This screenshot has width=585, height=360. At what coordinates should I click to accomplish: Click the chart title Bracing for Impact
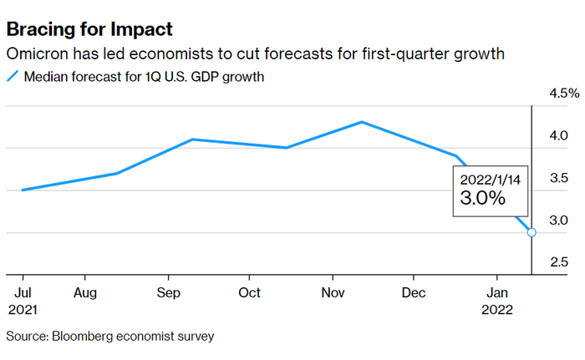[x=89, y=29]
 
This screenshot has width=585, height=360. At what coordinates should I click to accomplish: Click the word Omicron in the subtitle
[x=34, y=54]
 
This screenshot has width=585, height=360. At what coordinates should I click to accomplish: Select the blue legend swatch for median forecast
[x=12, y=77]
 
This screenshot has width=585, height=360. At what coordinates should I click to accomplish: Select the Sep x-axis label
[x=169, y=293]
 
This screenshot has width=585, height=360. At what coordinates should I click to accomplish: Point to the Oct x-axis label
[x=249, y=293]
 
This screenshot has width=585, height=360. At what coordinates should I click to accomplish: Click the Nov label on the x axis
[x=333, y=293]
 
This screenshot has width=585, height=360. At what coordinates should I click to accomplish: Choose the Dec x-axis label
[x=414, y=293]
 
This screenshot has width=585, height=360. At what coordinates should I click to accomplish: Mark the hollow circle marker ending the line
[x=532, y=232]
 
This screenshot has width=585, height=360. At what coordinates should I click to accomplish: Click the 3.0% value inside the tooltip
[x=483, y=199]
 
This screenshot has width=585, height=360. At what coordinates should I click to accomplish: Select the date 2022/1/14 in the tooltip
[x=490, y=178]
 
